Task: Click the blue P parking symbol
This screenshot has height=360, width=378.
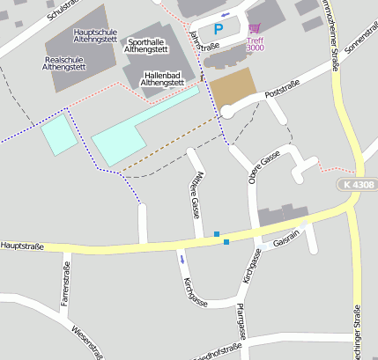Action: [219, 29]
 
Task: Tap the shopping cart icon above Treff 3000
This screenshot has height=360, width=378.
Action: [255, 28]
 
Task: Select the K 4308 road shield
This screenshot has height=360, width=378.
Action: [355, 185]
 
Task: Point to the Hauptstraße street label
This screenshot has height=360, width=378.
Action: [22, 246]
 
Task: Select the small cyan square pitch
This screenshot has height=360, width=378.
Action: [58, 135]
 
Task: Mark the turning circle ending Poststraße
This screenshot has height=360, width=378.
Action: [229, 111]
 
